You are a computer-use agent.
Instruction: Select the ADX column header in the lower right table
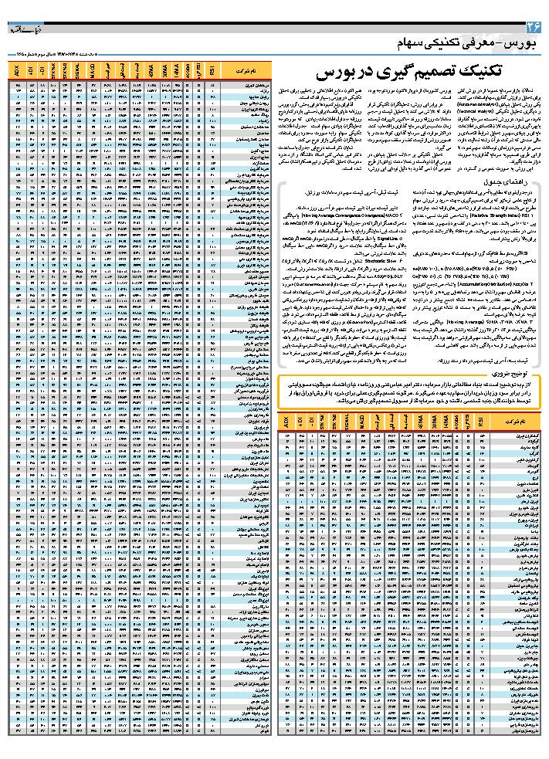pos(286,422)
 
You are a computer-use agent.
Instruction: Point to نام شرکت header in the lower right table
pos(519,423)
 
